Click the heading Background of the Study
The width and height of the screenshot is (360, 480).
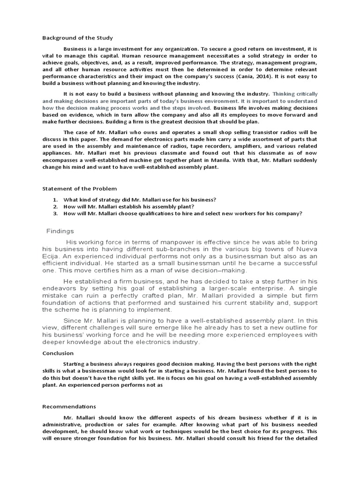point(77,37)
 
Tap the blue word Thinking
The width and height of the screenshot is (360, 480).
point(285,94)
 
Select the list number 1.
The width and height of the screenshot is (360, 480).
point(55,200)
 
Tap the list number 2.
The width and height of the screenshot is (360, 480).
point(55,207)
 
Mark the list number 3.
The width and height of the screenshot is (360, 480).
point(55,213)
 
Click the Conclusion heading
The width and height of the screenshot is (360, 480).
point(58,353)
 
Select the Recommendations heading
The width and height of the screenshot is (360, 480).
point(69,407)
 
